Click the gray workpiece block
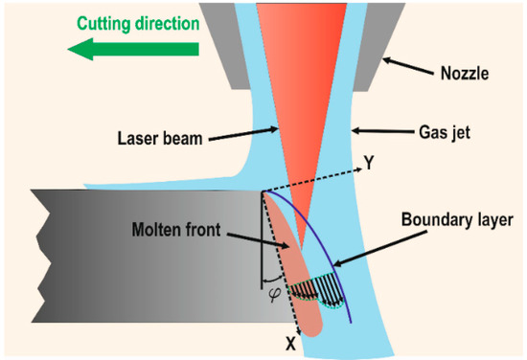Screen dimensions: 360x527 click(x=125, y=268)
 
